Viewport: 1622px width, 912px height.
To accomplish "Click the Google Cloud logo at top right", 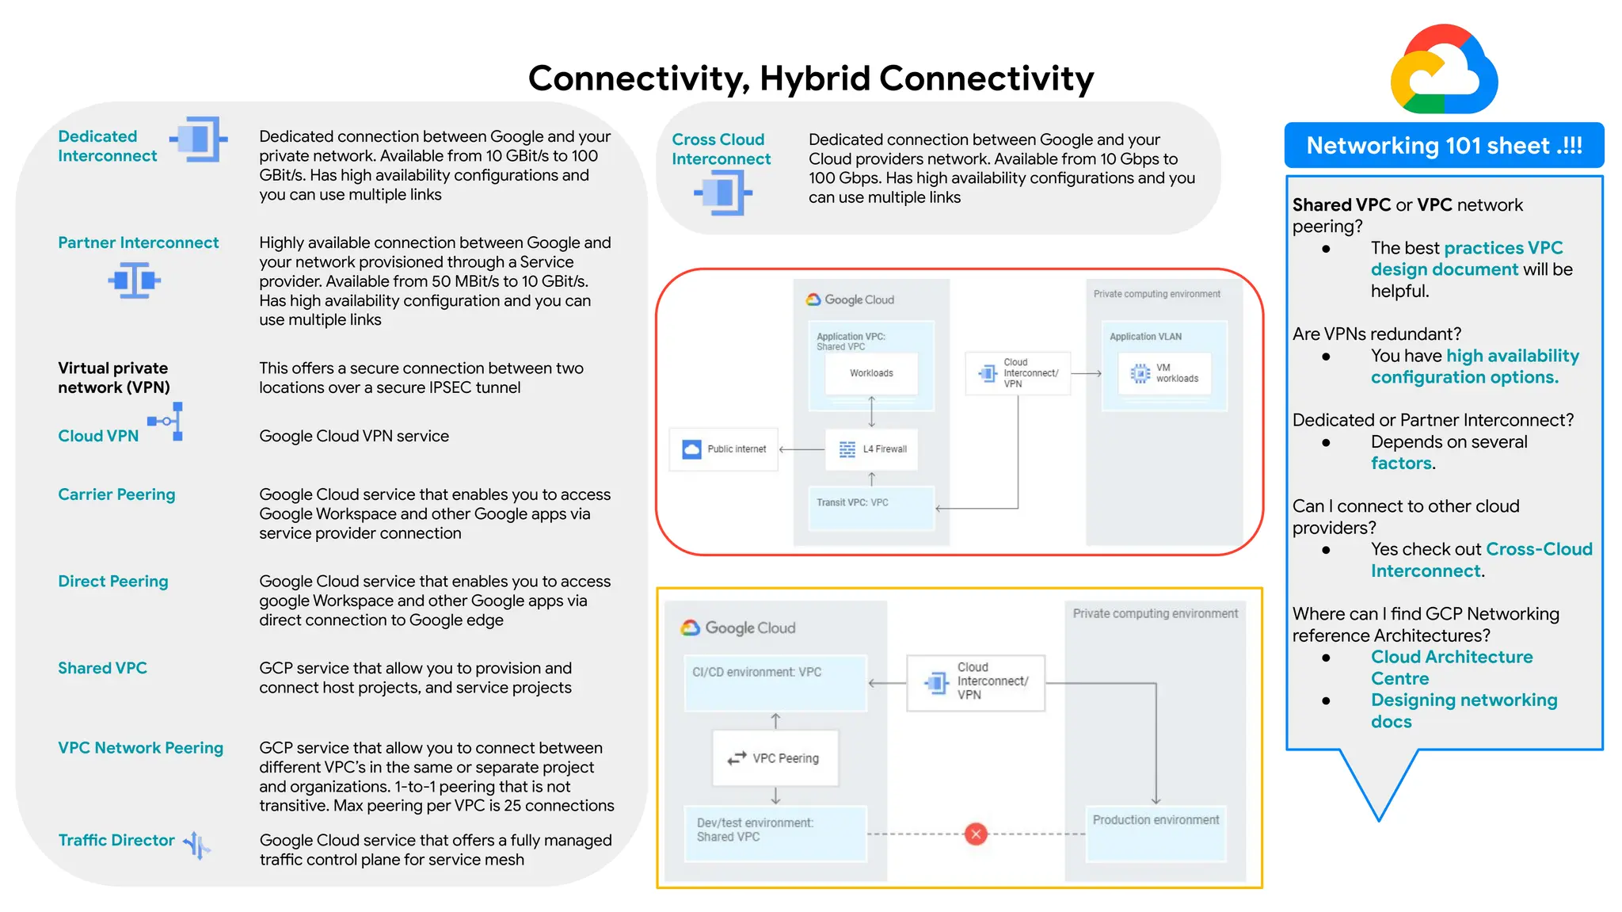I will [1444, 70].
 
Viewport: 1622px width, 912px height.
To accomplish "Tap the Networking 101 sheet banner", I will [1444, 146].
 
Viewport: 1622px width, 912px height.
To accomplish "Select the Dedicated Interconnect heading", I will [107, 147].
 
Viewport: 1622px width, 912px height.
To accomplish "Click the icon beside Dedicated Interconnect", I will [200, 140].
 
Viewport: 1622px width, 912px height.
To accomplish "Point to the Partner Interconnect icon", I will [134, 280].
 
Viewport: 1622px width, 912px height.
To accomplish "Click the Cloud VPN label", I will [98, 436].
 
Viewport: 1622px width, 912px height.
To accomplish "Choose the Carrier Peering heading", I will [116, 494].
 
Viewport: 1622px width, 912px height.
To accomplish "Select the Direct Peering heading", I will [113, 582].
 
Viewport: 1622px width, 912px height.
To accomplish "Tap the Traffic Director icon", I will [196, 845].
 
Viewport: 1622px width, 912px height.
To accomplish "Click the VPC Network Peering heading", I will [140, 748].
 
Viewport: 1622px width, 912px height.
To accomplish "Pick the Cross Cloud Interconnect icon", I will [722, 193].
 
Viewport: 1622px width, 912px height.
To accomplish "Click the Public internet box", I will [724, 449].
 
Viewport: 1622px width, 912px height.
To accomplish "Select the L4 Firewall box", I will [871, 449].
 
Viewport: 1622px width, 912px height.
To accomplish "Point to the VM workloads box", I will [1164, 373].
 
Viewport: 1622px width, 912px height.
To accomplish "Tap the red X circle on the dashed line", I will [976, 834].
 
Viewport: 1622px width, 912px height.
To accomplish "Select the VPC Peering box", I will [775, 758].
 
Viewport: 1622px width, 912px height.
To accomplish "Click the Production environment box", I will [1156, 832].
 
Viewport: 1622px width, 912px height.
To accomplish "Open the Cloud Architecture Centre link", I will [1451, 667].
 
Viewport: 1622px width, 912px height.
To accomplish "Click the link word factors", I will [1401, 464].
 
